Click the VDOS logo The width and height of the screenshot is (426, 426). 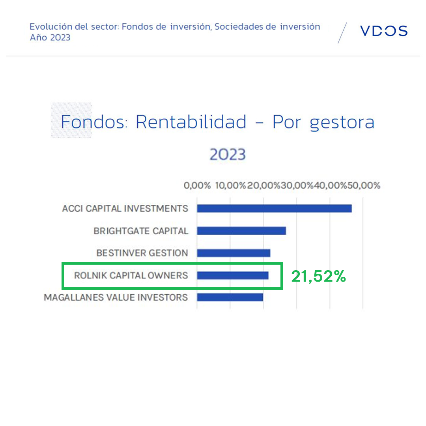pos(384,31)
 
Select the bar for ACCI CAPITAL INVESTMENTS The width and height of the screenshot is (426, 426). pos(275,208)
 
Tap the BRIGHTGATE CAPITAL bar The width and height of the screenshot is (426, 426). pos(241,231)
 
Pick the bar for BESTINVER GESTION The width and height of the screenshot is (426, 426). pos(234,253)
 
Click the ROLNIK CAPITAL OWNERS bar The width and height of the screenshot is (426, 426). pos(233,275)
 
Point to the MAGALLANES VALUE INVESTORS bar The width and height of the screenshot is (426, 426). pos(230,297)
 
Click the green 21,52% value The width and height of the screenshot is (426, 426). pos(318,276)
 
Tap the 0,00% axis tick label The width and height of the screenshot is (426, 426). pos(197,185)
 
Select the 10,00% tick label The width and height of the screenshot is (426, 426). pos(230,185)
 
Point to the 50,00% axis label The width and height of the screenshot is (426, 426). pos(364,185)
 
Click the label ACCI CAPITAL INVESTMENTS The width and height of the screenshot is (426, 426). pos(125,208)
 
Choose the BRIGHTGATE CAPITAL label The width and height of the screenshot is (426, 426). pos(141,231)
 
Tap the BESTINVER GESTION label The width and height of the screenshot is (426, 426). pos(142,253)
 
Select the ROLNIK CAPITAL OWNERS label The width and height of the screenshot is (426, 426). pos(131,275)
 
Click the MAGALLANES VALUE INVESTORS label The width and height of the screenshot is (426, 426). pos(116,297)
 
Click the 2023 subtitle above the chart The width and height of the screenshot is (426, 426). pos(228,154)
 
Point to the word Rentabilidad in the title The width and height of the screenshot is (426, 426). pos(191,121)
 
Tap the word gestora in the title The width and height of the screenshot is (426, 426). pos(342,123)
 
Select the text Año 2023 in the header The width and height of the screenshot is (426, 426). pos(50,37)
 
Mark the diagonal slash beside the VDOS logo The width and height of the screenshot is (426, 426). pos(342,33)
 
